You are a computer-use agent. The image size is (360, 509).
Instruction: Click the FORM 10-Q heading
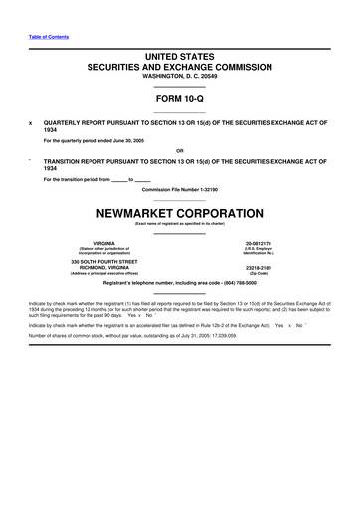(180, 99)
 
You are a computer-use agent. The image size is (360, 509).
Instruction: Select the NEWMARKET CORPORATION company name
(180, 213)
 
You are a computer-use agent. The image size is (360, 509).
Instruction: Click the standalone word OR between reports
(180, 151)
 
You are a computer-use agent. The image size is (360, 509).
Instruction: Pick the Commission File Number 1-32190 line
(180, 189)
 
